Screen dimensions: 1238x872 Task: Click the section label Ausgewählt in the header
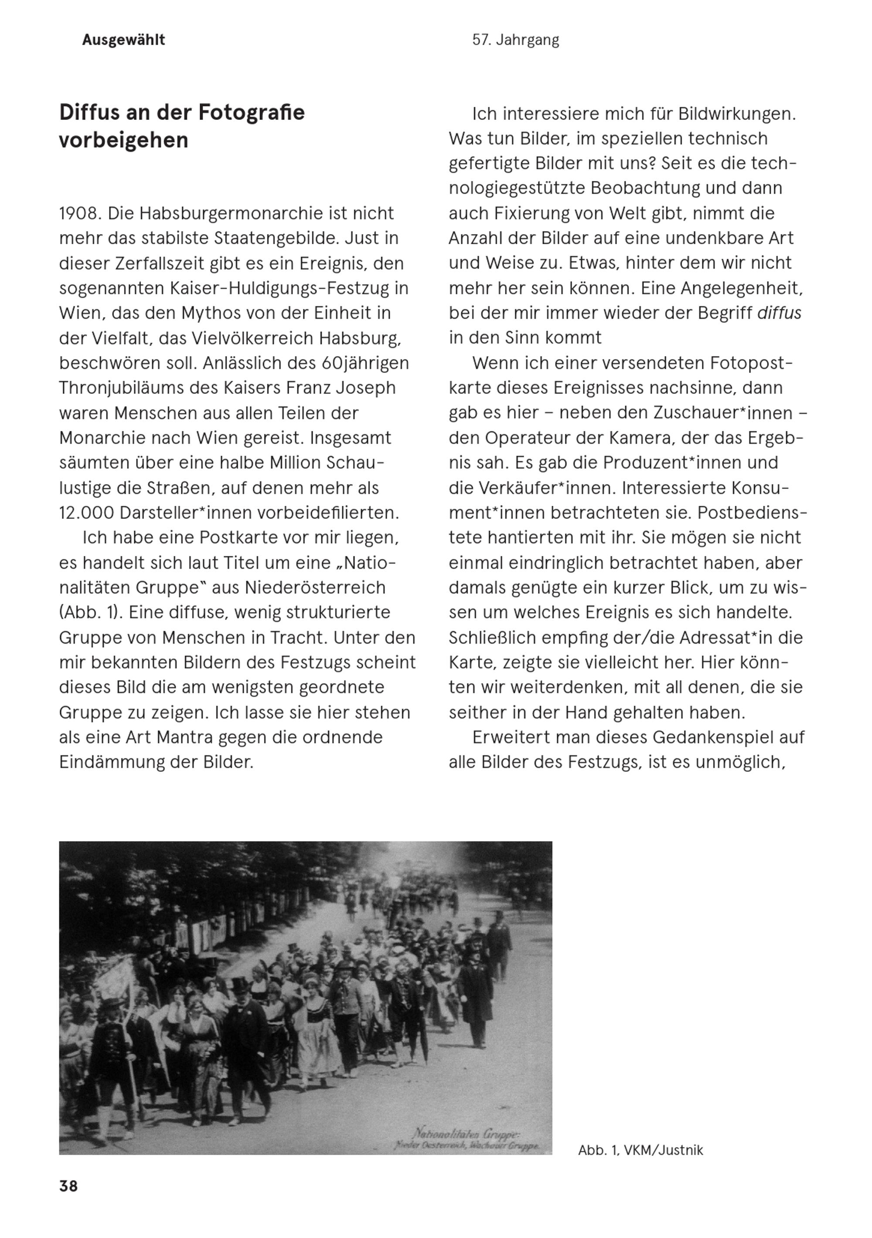pos(123,40)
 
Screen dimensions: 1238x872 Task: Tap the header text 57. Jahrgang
pos(515,40)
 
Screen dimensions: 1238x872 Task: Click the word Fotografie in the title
pos(251,112)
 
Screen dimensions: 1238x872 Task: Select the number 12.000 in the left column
pos(87,513)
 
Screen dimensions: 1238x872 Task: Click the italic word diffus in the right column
pos(779,313)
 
